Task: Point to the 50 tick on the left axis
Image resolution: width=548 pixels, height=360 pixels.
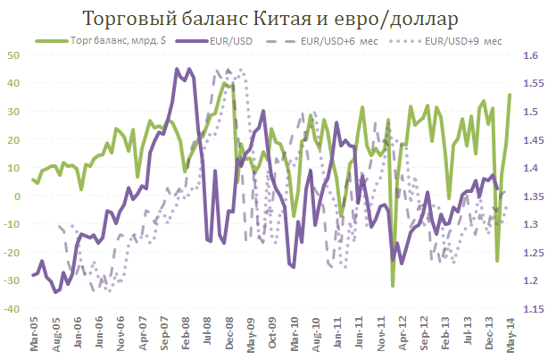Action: click(14, 54)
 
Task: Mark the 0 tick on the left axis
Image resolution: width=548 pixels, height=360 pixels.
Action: click(17, 196)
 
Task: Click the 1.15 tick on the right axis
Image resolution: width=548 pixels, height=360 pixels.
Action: click(527, 309)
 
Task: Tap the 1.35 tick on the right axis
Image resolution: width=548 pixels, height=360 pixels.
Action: click(527, 197)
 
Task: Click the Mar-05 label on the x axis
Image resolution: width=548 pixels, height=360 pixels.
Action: click(35, 336)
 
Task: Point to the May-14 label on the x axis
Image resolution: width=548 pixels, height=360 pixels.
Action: click(511, 336)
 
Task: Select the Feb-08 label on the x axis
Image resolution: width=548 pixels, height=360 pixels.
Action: click(186, 336)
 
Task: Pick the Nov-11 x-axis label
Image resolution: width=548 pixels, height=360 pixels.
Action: click(381, 336)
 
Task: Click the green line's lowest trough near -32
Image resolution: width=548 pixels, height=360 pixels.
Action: click(393, 285)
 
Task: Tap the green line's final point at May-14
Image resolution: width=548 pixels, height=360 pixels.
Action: click(510, 95)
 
